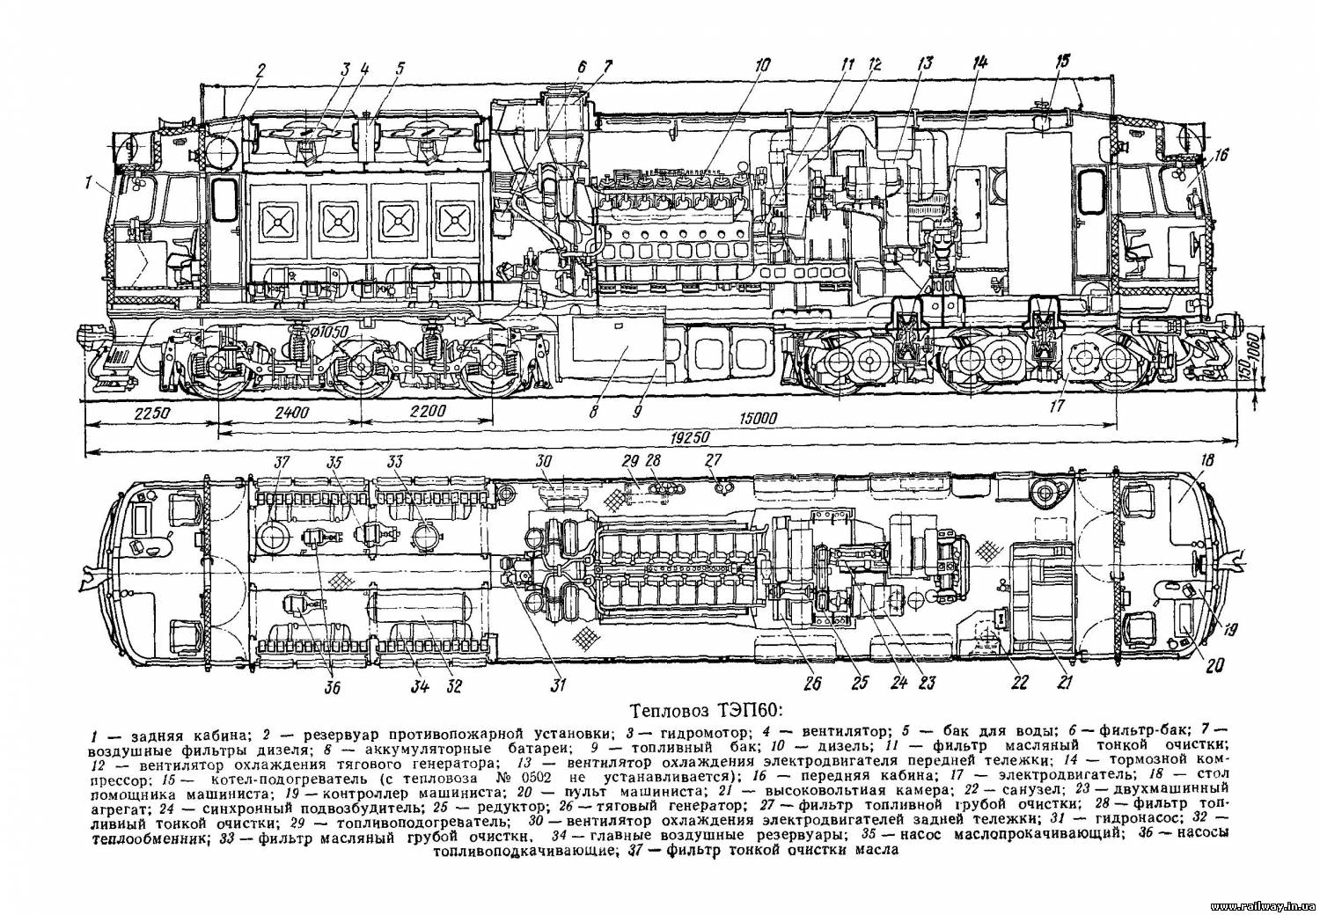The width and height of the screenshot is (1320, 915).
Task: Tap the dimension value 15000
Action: coord(759,419)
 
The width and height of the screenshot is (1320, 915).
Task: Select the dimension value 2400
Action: coord(292,412)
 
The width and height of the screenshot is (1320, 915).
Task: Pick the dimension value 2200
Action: coord(428,412)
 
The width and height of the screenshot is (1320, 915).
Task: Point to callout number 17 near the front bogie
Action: coord(1056,406)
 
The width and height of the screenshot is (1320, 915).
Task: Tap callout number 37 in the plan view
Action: coord(281,464)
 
